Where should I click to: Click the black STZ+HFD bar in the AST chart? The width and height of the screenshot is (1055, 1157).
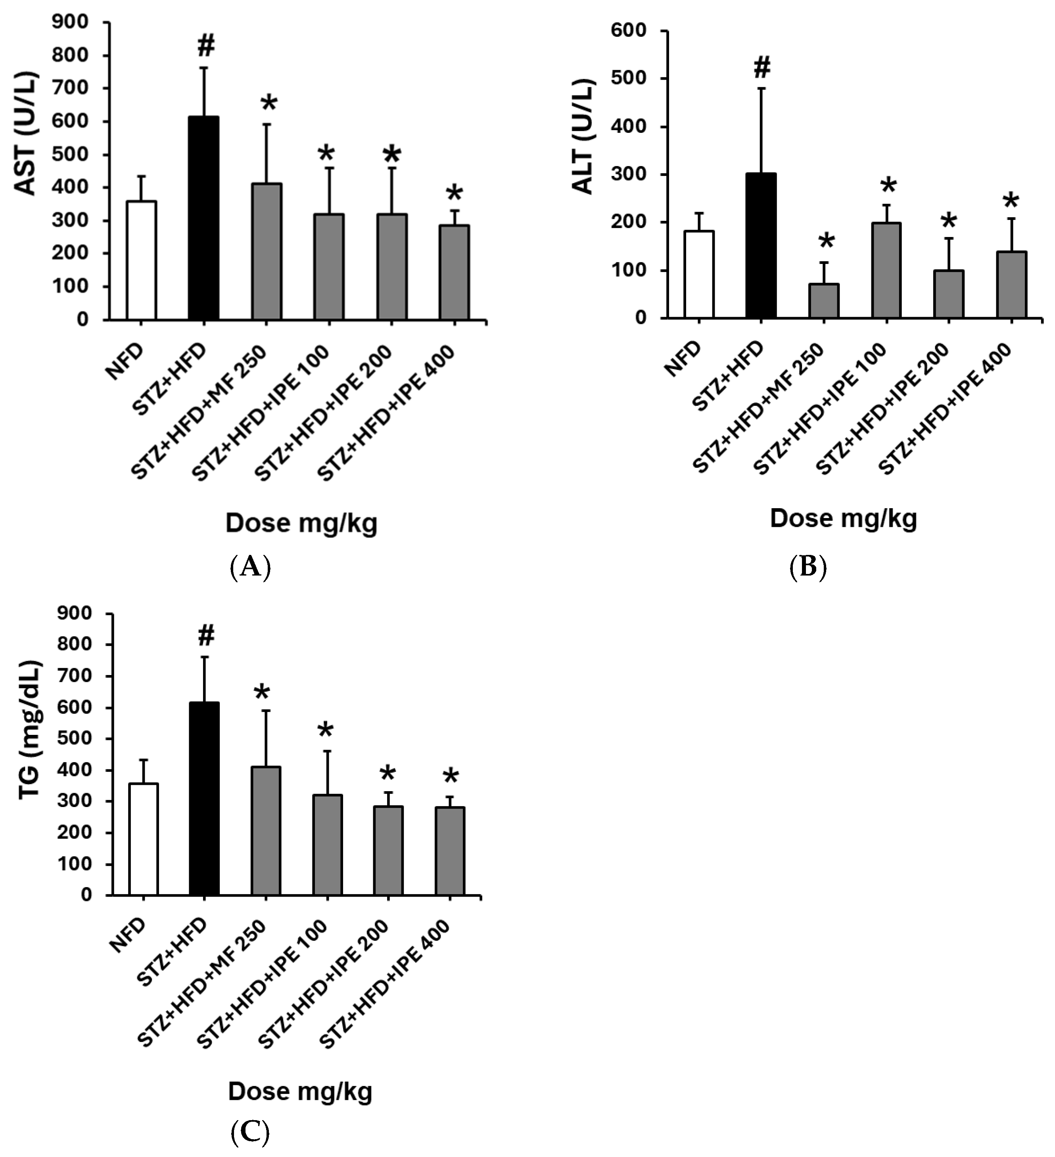pyautogui.click(x=204, y=218)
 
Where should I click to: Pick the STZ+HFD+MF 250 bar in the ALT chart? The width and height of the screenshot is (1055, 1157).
pyautogui.click(x=823, y=301)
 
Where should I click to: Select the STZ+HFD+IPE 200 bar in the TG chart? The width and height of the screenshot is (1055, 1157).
pyautogui.click(x=388, y=851)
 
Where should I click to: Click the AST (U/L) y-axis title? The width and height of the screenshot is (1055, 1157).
pyautogui.click(x=26, y=133)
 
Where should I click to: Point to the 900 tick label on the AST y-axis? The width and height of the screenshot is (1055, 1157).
pyautogui.click(x=70, y=22)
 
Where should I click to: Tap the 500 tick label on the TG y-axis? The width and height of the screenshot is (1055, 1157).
pyautogui.click(x=75, y=738)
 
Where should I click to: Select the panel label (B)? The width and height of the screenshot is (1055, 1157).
pyautogui.click(x=808, y=568)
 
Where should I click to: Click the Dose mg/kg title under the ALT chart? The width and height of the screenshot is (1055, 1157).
pyautogui.click(x=843, y=518)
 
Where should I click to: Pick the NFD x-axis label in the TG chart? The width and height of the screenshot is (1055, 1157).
pyautogui.click(x=127, y=935)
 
